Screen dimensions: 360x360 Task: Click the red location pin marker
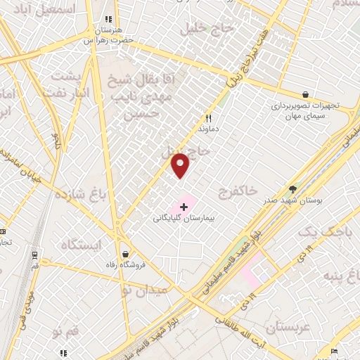pyautogui.click(x=181, y=165)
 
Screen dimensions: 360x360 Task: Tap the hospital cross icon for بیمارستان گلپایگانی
pyautogui.click(x=184, y=207)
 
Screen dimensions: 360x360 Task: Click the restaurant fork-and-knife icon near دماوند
pyautogui.click(x=208, y=118)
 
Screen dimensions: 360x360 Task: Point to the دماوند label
pyautogui.click(x=208, y=129)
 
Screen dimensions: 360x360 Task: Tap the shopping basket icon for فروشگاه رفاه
pyautogui.click(x=125, y=254)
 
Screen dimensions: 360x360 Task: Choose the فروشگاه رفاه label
pyautogui.click(x=125, y=265)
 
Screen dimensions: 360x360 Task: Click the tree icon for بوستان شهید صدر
pyautogui.click(x=292, y=189)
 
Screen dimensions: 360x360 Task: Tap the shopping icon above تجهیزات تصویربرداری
pyautogui.click(x=305, y=94)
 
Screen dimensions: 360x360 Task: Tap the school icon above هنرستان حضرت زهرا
pyautogui.click(x=108, y=20)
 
